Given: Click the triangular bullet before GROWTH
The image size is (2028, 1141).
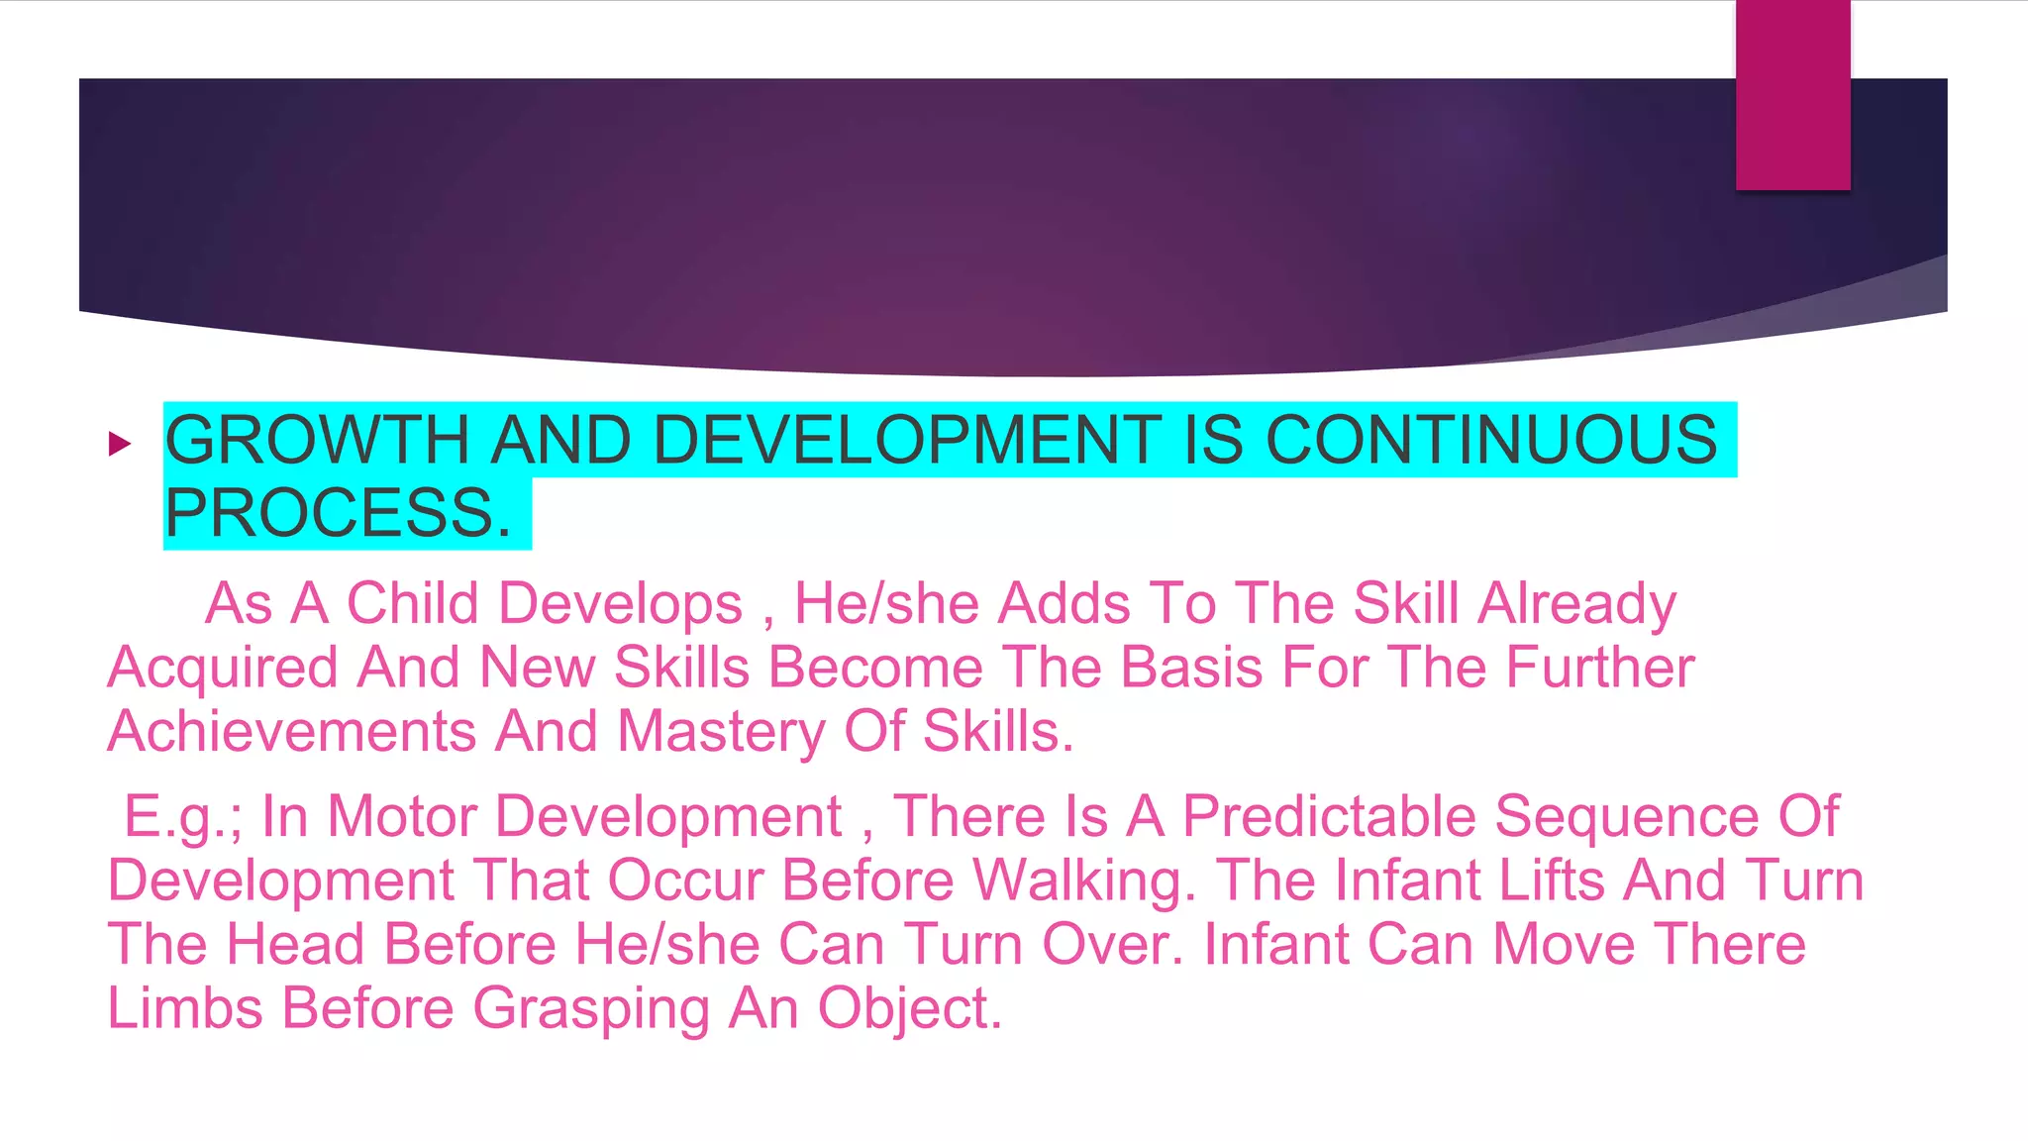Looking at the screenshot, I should click(120, 444).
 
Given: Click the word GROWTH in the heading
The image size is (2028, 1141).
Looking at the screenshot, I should click(317, 441).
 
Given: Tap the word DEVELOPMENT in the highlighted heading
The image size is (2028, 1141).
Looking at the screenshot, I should click(907, 441).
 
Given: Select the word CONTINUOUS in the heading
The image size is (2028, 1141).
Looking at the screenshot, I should click(1491, 441).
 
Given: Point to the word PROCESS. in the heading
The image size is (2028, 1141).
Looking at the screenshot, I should click(338, 513).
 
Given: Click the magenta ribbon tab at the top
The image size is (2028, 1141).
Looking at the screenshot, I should click(1792, 94).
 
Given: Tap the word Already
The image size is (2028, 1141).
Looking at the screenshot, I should click(1576, 603).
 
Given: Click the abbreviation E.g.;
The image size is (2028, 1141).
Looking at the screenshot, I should click(183, 817).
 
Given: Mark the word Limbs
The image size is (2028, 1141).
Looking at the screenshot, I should click(184, 1008).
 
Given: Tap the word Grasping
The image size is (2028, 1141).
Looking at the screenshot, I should click(591, 1008).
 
